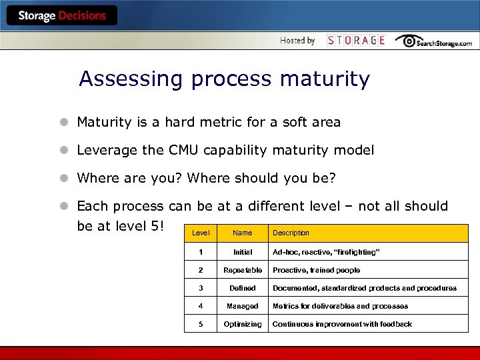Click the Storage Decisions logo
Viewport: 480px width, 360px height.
61,16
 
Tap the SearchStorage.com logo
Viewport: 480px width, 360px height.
434,41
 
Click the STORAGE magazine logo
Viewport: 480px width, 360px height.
356,41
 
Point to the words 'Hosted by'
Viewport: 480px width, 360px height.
297,41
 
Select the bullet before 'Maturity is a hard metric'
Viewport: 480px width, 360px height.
63,123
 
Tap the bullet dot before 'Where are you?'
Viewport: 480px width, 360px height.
63,179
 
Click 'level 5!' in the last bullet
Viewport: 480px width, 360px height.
137,226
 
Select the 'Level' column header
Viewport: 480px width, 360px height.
201,233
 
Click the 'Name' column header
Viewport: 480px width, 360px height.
243,233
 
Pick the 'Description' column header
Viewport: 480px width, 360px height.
291,233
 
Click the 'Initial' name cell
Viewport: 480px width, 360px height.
243,253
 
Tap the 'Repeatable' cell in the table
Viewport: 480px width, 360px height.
243,271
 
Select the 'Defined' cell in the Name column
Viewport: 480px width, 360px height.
243,289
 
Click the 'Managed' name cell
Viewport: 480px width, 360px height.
243,307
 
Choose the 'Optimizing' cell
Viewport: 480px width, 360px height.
243,325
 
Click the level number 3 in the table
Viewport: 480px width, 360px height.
201,289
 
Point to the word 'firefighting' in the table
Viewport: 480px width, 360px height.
356,253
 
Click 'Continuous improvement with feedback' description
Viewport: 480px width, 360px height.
342,325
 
